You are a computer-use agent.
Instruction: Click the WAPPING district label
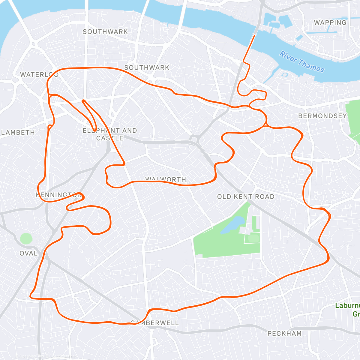pyautogui.click(x=330, y=22)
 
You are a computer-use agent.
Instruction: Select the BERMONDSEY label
pyautogui.click(x=322, y=116)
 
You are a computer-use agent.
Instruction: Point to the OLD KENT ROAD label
pyautogui.click(x=246, y=197)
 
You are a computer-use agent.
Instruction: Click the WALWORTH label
pyautogui.click(x=166, y=179)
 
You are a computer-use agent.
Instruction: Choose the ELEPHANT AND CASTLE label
pyautogui.click(x=110, y=134)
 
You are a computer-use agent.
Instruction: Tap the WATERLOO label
pyautogui.click(x=39, y=74)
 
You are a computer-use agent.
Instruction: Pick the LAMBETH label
pyautogui.click(x=18, y=132)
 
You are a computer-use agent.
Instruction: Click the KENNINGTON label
pyautogui.click(x=58, y=195)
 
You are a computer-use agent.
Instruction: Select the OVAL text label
pyautogui.click(x=28, y=253)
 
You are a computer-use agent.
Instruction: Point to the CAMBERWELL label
pyautogui.click(x=155, y=323)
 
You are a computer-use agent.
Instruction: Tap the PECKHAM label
pyautogui.click(x=284, y=333)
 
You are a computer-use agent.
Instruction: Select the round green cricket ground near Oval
pyautogui.click(x=26, y=238)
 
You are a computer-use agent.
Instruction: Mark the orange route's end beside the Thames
pyautogui.click(x=254, y=35)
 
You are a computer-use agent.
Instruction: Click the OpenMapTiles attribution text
pyautogui.click(x=31, y=356)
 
